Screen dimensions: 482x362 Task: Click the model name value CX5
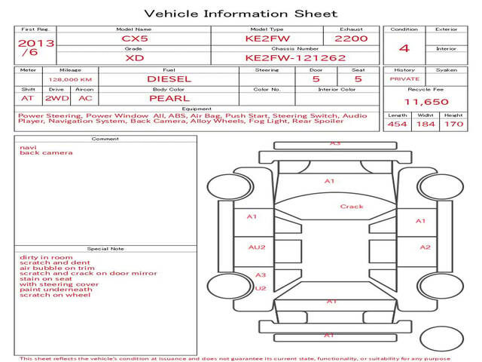135,38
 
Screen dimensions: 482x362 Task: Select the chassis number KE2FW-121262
295,58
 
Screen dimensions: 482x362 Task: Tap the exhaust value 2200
351,38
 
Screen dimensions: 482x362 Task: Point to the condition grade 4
404,48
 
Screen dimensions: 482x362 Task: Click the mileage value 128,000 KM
70,80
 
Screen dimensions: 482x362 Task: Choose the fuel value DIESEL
169,79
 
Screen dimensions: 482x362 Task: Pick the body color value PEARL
169,99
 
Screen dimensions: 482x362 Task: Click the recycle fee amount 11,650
426,102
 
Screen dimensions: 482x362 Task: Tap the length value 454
397,124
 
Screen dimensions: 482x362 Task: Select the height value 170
453,124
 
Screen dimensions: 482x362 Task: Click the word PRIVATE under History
404,79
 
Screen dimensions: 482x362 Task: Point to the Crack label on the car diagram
352,207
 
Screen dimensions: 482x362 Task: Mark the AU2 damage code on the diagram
257,247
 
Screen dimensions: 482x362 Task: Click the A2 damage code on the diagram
425,247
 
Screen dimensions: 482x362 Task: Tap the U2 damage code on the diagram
261,288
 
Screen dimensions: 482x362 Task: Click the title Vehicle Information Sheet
241,14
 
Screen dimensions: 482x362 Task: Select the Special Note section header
105,249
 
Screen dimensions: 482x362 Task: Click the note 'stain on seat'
46,279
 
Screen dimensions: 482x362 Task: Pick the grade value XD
135,58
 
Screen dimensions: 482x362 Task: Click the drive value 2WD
57,99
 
